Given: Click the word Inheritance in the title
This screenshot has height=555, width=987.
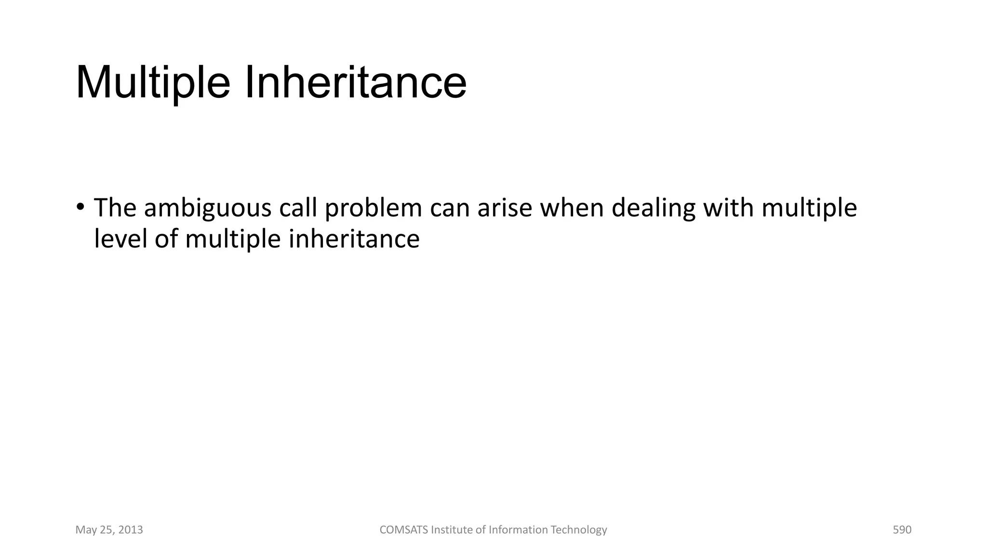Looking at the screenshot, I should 356,83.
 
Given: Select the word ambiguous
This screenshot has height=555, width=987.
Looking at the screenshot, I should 208,208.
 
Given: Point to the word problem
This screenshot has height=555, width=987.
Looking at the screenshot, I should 373,208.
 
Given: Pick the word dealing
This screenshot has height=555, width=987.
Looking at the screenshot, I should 654,208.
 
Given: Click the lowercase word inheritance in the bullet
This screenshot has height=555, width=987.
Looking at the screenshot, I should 354,239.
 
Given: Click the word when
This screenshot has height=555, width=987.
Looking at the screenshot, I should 572,208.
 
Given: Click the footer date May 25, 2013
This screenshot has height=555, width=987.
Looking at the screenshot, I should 109,530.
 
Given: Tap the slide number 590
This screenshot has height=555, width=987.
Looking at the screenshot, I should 902,530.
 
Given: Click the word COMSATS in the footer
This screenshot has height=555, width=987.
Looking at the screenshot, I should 403,530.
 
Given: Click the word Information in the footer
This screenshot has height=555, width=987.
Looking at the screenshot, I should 518,530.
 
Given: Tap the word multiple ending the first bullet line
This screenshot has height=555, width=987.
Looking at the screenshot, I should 809,208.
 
